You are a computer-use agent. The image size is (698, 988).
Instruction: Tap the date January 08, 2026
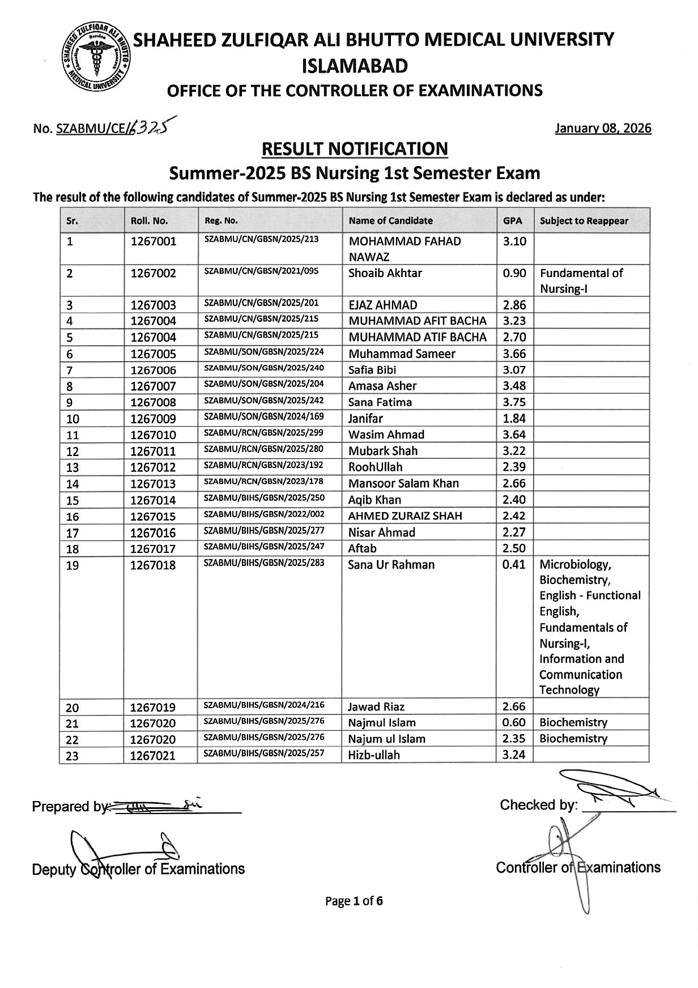pyautogui.click(x=603, y=128)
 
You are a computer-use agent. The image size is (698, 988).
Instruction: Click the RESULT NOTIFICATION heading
pyautogui.click(x=354, y=149)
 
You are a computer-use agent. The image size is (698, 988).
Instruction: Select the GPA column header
pyautogui.click(x=512, y=221)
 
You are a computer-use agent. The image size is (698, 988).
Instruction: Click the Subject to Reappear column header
pyautogui.click(x=584, y=221)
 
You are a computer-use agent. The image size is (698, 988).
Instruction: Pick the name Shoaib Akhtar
pyautogui.click(x=385, y=273)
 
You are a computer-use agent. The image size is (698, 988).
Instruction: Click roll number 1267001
pyautogui.click(x=154, y=241)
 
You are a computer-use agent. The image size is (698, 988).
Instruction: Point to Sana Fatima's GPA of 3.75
pyautogui.click(x=514, y=402)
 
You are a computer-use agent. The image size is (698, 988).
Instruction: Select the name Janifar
pyautogui.click(x=365, y=419)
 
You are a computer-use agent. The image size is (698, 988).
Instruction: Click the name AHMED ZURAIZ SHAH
pyautogui.click(x=405, y=516)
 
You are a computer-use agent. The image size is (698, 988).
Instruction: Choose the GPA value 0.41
pyautogui.click(x=514, y=565)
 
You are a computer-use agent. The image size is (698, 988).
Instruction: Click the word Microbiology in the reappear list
pyautogui.click(x=574, y=565)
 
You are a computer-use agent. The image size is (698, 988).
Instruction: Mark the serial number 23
pyautogui.click(x=73, y=756)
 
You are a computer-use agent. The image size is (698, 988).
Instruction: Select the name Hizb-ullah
pyautogui.click(x=374, y=755)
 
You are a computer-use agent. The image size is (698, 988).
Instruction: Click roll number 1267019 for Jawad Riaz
pyautogui.click(x=154, y=707)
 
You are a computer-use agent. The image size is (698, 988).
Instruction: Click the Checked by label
pyautogui.click(x=538, y=805)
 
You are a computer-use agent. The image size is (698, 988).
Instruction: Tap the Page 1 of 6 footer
pyautogui.click(x=354, y=901)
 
